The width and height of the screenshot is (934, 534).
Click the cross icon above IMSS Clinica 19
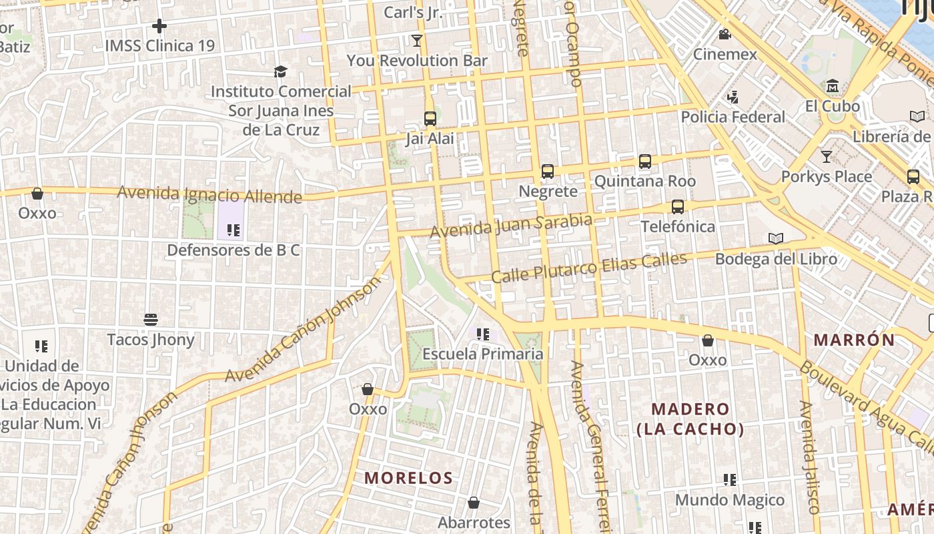coord(159,26)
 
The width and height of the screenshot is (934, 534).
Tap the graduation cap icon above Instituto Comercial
coord(281,71)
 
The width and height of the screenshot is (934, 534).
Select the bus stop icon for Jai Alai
coord(430,119)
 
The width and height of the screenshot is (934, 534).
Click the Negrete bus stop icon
coord(548,172)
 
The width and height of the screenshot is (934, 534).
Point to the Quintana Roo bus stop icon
coord(645,162)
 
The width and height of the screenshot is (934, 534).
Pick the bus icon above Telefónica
coord(678,207)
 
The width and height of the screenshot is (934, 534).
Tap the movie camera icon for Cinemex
coord(725,34)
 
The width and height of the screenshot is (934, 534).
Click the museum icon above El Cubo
coord(833,86)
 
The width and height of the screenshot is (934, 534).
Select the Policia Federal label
coord(733,117)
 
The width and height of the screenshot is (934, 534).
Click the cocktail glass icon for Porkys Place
coord(827,157)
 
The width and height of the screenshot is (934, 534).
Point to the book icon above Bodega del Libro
coord(776,238)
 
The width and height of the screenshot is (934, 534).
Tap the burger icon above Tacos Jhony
coord(151,320)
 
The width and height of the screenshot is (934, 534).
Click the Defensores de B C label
coord(233,250)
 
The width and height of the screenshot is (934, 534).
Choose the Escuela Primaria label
coord(483,354)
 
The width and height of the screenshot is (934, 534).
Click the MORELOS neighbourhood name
coord(409,478)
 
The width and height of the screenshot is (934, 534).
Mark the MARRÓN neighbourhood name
coord(854,340)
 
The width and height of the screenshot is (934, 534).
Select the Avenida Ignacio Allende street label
coord(209,195)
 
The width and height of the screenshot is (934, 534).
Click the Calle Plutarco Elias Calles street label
coord(589,268)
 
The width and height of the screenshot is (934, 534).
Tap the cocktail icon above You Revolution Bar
coord(417,41)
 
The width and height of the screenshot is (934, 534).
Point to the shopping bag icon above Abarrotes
coord(474,503)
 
